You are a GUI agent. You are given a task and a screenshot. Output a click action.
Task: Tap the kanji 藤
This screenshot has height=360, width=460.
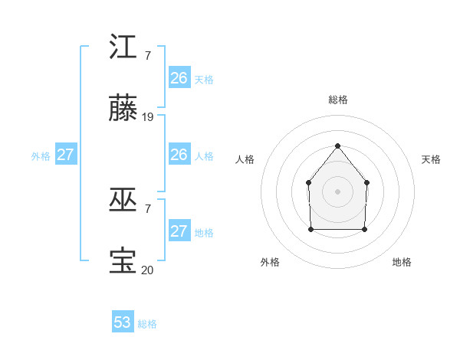pos(123,110)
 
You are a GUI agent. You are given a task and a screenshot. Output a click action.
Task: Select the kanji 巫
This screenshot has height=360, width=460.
pos(123,201)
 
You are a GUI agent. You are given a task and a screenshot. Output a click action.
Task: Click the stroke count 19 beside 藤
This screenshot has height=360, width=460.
pos(148,117)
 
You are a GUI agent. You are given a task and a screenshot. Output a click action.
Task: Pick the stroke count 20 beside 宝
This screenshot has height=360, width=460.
pos(148,270)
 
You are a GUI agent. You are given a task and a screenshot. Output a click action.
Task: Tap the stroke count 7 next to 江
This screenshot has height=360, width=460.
pos(147,55)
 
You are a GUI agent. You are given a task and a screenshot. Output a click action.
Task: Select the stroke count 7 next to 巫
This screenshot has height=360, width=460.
pos(147,208)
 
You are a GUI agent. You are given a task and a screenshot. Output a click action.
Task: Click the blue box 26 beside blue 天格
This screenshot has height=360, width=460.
pos(179,78)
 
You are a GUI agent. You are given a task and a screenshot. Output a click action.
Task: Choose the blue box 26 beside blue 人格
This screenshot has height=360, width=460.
pos(179,155)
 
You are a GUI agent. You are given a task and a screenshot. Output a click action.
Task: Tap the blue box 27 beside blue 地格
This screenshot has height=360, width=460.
pos(179,231)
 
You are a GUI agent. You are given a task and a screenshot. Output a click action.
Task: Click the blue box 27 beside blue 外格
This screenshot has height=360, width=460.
pos(66,155)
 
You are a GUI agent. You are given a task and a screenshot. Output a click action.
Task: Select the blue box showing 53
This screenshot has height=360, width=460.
pos(123,322)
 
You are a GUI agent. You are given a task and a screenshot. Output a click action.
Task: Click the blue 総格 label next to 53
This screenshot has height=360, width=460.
pos(147,324)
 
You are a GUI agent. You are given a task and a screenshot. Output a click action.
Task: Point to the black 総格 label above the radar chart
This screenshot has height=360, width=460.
pos(337,100)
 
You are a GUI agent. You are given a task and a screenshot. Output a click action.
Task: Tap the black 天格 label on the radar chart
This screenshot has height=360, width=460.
pos(431,159)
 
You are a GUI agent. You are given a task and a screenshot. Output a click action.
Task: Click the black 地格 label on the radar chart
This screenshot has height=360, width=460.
pos(402,262)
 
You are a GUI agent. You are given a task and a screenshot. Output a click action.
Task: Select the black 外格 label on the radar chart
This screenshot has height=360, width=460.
pos(270,262)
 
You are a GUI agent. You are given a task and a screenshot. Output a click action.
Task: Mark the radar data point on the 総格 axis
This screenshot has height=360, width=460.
pos(337,145)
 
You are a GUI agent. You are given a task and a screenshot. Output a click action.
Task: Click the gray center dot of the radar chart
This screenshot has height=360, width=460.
pos(337,191)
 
